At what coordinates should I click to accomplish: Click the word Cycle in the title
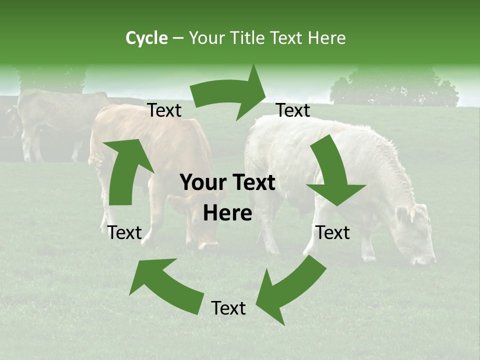[146, 38]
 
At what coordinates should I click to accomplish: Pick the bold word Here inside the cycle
[227, 213]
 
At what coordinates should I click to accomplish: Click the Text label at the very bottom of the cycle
[228, 308]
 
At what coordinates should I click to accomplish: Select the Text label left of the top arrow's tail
[164, 110]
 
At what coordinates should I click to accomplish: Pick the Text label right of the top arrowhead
[293, 110]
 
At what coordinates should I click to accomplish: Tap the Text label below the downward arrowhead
[332, 232]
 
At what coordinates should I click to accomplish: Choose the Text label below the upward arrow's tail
[124, 232]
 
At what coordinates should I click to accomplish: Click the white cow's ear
[402, 214]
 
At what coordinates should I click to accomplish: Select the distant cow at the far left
[50, 120]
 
